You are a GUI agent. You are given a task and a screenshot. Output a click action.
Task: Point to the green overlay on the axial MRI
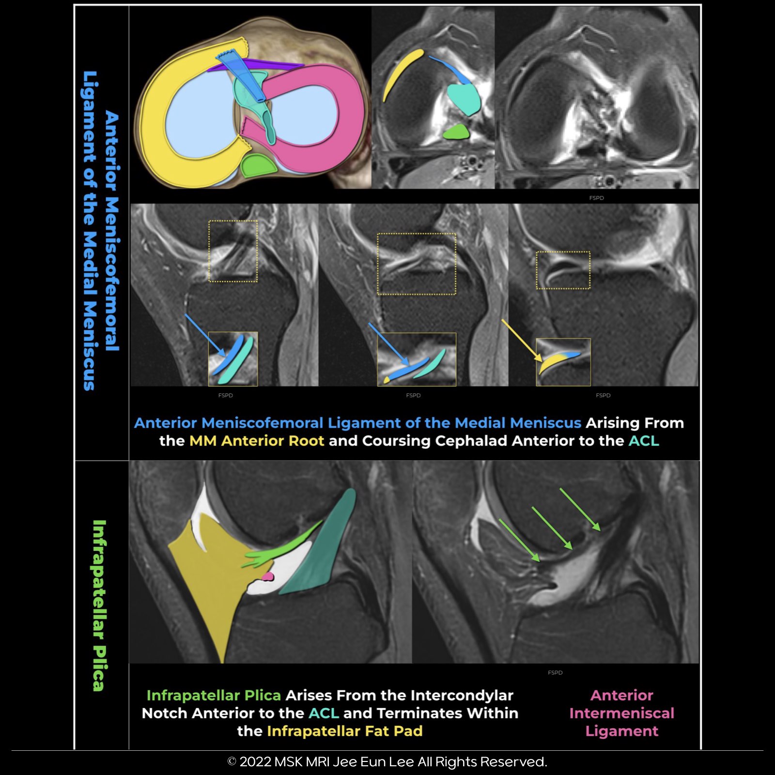tap(457, 132)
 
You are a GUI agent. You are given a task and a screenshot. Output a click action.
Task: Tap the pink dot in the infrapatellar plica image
tap(267, 576)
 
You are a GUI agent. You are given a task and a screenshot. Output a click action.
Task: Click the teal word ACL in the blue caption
tap(644, 441)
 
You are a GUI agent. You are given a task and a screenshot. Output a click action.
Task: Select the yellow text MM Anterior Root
tap(256, 441)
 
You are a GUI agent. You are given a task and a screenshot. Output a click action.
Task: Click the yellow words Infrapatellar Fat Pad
tap(344, 731)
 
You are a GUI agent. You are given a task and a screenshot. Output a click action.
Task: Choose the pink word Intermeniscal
tap(621, 713)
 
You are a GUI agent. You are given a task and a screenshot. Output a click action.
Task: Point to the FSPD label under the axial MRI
tap(596, 198)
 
